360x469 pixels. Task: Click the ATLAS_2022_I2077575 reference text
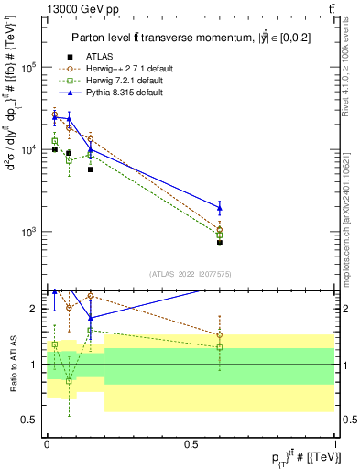(191, 273)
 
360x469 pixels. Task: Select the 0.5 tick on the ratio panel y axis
(32, 420)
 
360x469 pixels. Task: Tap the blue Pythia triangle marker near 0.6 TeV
(220, 208)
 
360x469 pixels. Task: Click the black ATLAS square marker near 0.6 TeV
(220, 243)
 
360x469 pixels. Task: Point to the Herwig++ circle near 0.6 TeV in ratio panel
(220, 335)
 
